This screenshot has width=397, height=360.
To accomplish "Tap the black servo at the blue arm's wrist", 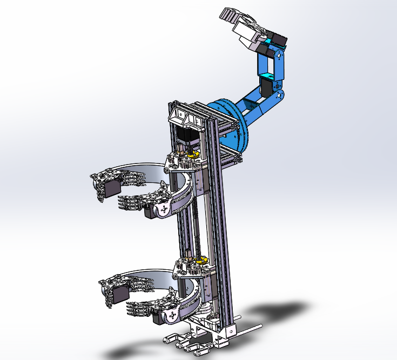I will pyautogui.click(x=279, y=40).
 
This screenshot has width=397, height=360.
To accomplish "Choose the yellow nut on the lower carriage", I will pyautogui.click(x=202, y=261).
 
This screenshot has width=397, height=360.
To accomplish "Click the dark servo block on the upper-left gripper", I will pyautogui.click(x=113, y=187).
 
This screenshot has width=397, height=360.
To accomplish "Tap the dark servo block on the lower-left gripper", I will pyautogui.click(x=119, y=294).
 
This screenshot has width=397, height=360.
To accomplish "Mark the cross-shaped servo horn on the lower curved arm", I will pyautogui.click(x=172, y=315).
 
